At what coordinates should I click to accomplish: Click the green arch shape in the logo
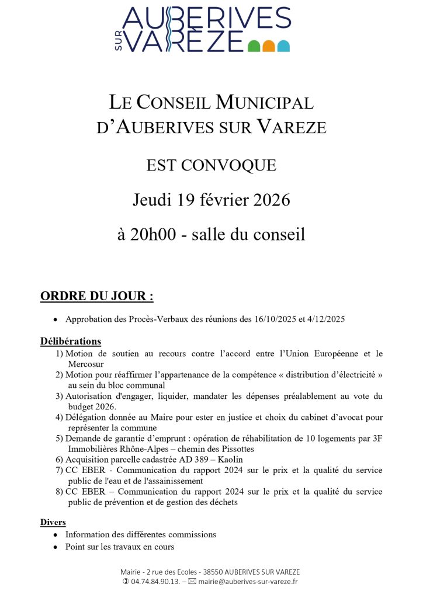(254, 47)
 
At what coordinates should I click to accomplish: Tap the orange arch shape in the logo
(269, 47)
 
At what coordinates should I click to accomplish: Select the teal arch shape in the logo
(283, 47)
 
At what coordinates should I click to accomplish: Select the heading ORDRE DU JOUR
(96, 297)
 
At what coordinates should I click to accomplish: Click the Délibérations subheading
(71, 341)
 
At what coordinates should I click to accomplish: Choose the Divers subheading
(53, 521)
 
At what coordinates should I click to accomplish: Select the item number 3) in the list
(60, 396)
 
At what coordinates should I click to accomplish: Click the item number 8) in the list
(60, 492)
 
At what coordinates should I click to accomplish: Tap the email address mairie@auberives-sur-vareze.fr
(248, 582)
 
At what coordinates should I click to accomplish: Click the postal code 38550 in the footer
(213, 572)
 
